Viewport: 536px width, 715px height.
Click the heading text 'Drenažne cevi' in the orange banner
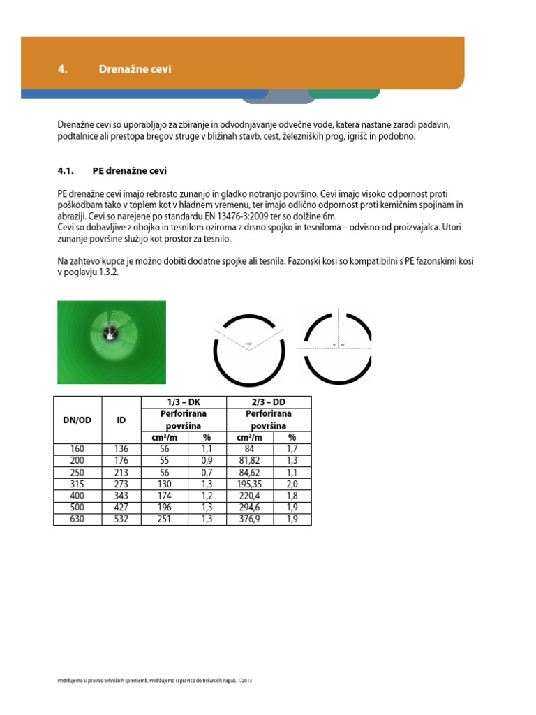point(135,70)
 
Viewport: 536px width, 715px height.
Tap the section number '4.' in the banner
point(62,70)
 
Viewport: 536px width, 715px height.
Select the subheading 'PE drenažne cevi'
point(129,171)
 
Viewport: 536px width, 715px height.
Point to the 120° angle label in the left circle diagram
point(248,343)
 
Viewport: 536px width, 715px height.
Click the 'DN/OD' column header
point(77,420)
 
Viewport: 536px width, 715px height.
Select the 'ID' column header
point(121,420)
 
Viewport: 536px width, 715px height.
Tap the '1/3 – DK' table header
point(184,401)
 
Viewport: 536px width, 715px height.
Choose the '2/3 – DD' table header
point(269,401)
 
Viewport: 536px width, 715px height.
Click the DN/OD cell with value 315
point(77,485)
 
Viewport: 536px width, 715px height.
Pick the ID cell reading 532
point(121,519)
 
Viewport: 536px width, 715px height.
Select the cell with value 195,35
point(248,485)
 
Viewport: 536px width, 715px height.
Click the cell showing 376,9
point(248,519)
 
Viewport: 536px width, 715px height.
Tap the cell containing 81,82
point(248,462)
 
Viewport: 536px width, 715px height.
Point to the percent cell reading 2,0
point(292,485)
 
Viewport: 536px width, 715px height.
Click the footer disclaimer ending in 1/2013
point(154,681)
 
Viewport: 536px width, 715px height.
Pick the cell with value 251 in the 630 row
point(164,519)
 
